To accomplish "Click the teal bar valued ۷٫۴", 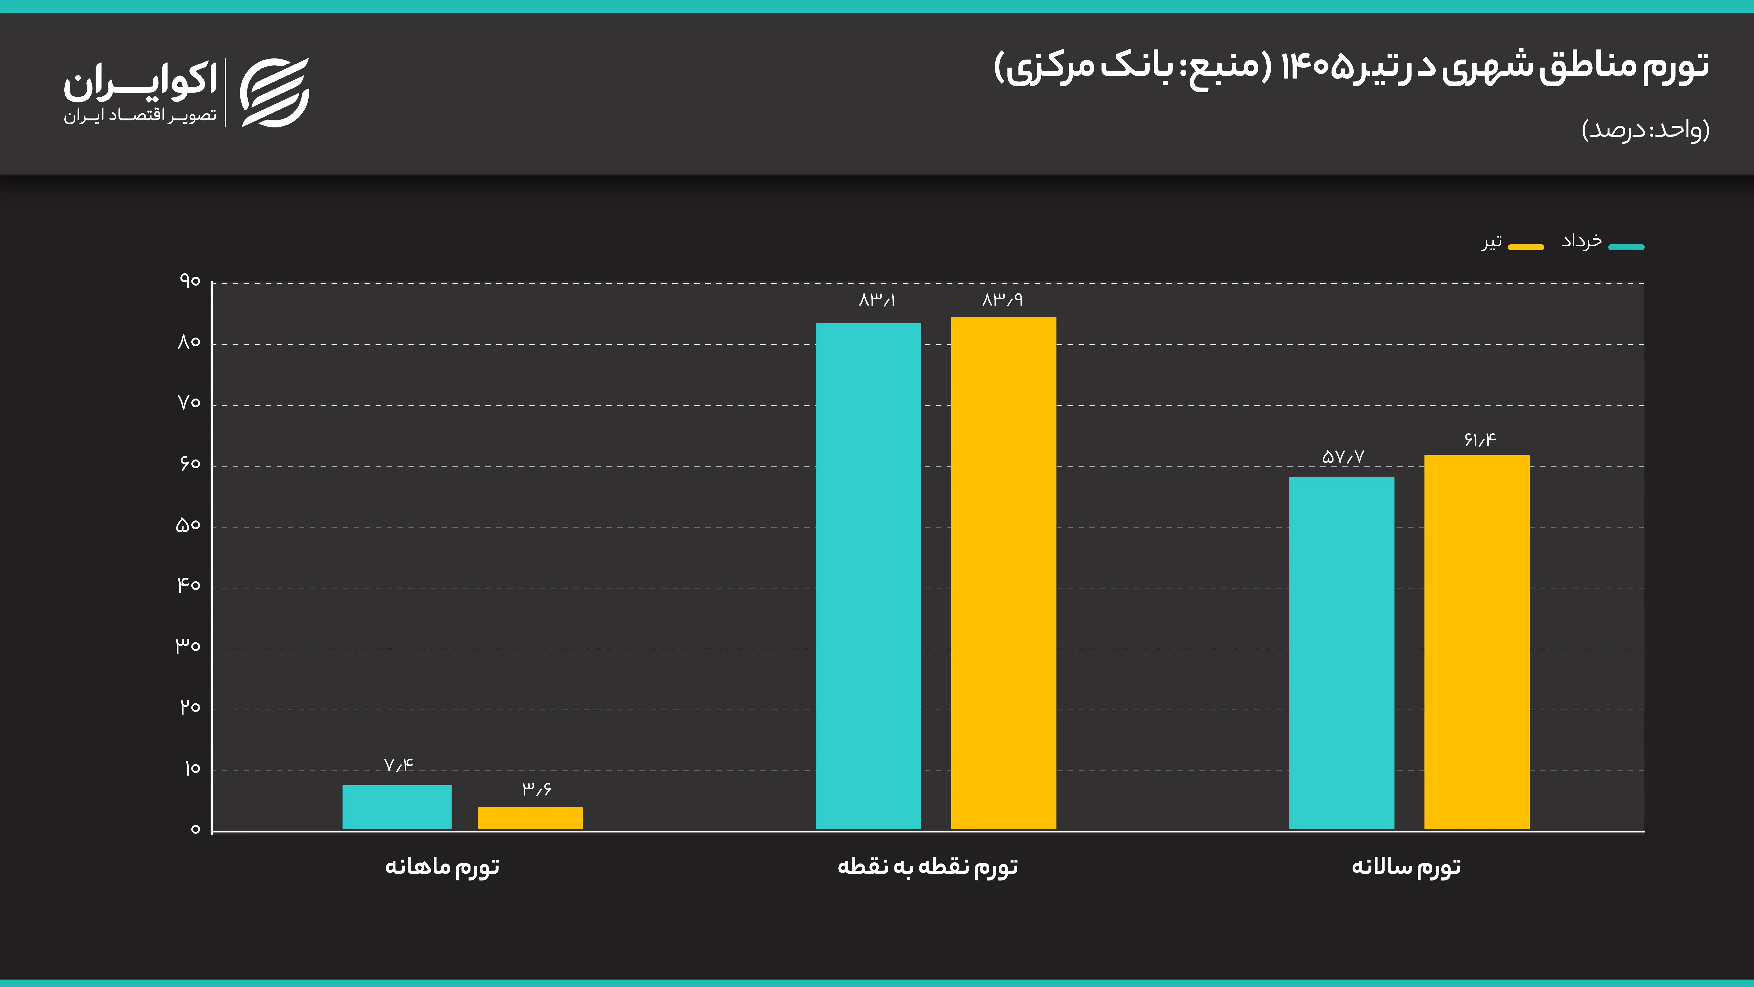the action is (x=397, y=807).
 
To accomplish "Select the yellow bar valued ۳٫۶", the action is (x=530, y=818).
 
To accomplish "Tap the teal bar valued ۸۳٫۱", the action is (x=868, y=576).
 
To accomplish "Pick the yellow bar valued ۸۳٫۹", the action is (x=1004, y=574).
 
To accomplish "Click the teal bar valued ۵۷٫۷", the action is (x=1341, y=653).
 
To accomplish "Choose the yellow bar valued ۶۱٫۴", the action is (x=1477, y=642).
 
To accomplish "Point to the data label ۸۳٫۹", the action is (x=1002, y=300).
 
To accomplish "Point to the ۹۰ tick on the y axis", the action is (x=190, y=281).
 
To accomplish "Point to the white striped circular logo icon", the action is (x=275, y=93).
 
